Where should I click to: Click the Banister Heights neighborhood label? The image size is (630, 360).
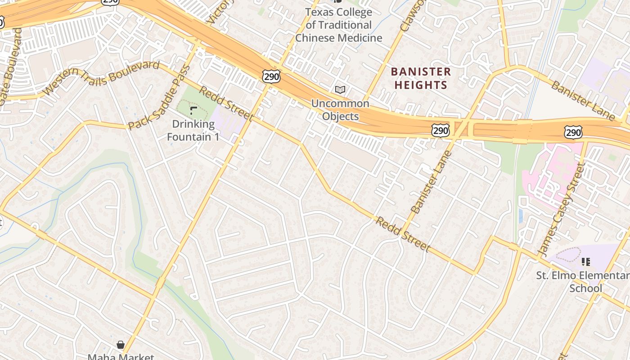click(421, 78)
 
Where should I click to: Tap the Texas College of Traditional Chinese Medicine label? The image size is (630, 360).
click(338, 25)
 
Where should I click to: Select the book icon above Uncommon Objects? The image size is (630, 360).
click(340, 90)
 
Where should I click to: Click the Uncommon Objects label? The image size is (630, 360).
click(340, 110)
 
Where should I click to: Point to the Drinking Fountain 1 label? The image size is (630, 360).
click(193, 130)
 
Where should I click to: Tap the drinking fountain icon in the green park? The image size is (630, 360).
click(193, 110)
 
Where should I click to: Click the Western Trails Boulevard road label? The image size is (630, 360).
click(102, 78)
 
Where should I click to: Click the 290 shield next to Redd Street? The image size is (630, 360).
click(271, 76)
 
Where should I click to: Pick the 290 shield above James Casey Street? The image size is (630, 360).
click(573, 132)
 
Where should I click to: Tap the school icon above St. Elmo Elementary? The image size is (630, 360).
click(585, 261)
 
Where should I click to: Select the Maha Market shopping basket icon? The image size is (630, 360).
click(120, 345)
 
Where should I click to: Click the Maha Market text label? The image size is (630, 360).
click(121, 357)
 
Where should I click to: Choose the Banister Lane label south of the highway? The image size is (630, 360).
click(431, 182)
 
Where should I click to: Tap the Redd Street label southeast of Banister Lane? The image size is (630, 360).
click(403, 234)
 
